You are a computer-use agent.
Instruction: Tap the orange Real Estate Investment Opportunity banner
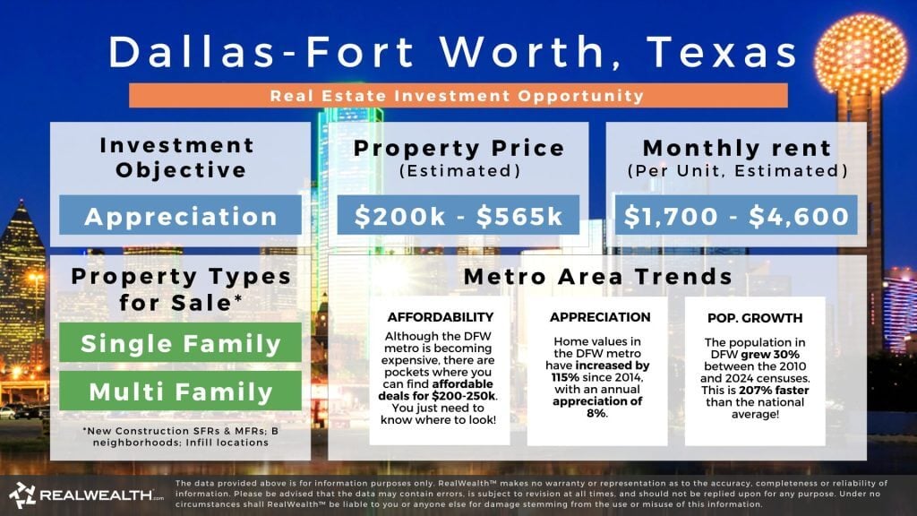click(x=458, y=95)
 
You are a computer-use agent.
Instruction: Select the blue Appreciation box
click(x=181, y=216)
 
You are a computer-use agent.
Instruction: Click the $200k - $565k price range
click(x=458, y=216)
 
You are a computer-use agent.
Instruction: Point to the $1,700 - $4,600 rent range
click(x=737, y=216)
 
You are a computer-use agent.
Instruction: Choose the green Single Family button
click(x=180, y=342)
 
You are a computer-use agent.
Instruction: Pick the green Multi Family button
click(x=180, y=391)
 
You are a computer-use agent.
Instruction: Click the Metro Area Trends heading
click(x=597, y=277)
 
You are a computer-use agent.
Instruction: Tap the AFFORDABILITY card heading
click(x=440, y=317)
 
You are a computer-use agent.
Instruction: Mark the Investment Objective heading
click(x=177, y=157)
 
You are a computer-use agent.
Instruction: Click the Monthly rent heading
click(x=736, y=148)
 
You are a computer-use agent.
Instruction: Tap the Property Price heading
click(x=458, y=148)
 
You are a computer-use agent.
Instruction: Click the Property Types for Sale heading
click(x=180, y=288)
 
